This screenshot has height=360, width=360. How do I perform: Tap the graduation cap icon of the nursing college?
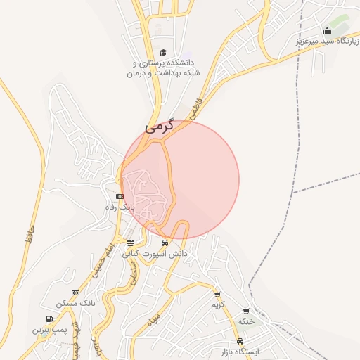coord(164,52)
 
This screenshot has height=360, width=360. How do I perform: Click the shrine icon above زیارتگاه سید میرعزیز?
coord(327,30)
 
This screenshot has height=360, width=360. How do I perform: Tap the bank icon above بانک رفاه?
coord(120,196)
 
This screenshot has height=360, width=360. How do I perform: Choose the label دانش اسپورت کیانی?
coord(155,252)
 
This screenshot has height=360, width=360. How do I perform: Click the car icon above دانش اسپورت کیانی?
coord(165,243)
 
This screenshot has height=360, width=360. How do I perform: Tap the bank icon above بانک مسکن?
coord(76,292)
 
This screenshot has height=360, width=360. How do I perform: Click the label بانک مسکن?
coord(76,303)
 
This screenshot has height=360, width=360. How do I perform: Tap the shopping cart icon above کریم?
coord(217,295)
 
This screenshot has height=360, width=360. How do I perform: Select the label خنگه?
coord(245,321)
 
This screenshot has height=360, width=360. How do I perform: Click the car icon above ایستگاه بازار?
coord(240,341)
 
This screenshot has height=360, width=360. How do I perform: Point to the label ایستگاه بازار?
coord(240,351)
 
